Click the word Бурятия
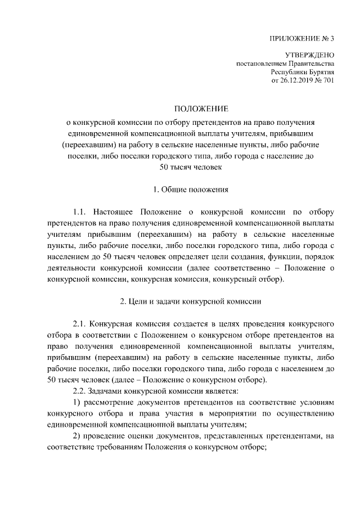click(x=319, y=72)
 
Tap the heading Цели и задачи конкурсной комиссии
click(x=191, y=301)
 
